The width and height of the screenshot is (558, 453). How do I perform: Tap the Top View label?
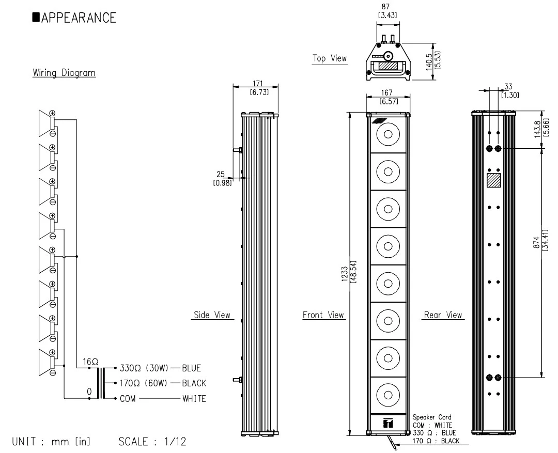click(330, 58)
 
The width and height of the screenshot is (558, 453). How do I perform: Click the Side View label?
click(212, 315)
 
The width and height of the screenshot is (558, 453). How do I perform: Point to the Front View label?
click(323, 315)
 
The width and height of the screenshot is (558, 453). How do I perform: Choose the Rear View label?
click(443, 315)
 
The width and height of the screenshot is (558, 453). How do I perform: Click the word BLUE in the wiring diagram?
click(191, 368)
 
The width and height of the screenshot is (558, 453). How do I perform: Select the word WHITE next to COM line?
click(194, 398)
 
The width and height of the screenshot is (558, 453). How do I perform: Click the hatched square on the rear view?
click(494, 181)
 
